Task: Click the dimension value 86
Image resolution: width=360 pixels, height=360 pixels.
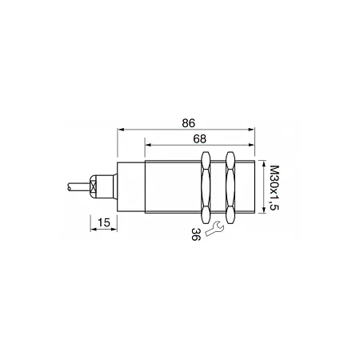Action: [189, 123]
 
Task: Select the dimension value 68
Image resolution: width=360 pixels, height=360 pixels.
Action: [200, 139]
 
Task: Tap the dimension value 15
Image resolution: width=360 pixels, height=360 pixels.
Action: [104, 222]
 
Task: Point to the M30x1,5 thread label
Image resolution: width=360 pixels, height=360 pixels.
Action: [274, 187]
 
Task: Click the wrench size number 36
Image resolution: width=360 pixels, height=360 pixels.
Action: [196, 234]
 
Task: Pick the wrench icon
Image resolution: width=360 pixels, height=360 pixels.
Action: [214, 228]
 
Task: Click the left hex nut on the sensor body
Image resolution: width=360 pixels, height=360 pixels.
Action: [206, 187]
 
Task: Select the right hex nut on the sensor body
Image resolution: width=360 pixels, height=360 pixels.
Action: [230, 187]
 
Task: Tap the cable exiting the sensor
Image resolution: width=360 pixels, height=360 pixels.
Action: [79, 186]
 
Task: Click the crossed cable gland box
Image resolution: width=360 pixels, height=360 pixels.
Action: [93, 186]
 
